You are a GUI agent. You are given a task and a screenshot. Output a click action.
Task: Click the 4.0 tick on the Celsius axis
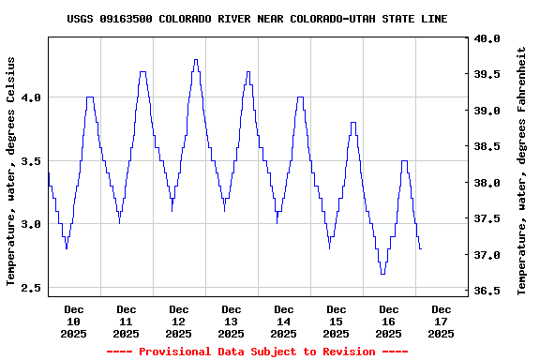click(x=30, y=97)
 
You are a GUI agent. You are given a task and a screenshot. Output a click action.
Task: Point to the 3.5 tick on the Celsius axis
click(x=30, y=160)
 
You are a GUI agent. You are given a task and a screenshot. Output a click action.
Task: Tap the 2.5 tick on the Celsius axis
click(x=30, y=287)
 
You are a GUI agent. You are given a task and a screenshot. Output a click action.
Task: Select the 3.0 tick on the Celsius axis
click(x=30, y=224)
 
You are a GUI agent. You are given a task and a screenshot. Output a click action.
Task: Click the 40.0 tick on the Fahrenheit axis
click(x=487, y=38)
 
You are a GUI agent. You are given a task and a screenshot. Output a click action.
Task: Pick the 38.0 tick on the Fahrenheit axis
click(x=487, y=183)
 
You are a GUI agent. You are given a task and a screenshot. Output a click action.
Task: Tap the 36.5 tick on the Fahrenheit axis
click(x=487, y=291)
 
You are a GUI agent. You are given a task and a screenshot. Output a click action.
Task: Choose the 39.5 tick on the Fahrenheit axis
click(x=487, y=74)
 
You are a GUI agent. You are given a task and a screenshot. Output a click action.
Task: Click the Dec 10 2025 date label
click(x=73, y=321)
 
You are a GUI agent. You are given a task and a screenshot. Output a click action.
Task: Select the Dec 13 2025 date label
click(x=231, y=321)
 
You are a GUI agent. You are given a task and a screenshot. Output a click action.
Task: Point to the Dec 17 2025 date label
click(x=441, y=321)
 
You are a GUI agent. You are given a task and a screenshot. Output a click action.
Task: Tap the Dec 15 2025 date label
click(x=336, y=321)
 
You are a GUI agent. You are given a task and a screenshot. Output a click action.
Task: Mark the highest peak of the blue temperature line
click(x=195, y=60)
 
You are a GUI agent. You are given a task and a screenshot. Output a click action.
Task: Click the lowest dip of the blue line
click(x=382, y=274)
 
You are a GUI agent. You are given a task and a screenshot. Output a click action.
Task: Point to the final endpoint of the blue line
click(x=421, y=248)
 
